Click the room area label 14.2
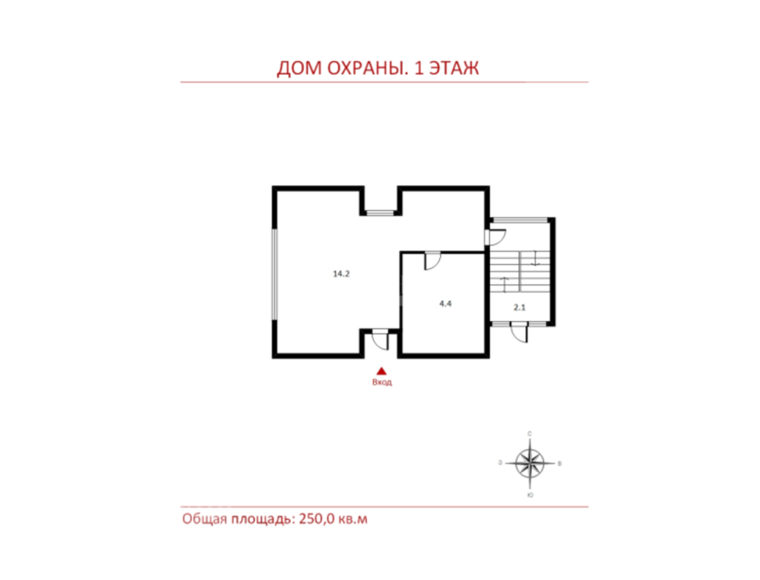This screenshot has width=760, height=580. coord(341,274)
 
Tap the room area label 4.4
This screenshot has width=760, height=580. coord(445,303)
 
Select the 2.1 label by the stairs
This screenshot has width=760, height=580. coord(520,307)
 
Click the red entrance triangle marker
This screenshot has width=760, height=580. coord(382,371)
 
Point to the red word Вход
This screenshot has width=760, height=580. coord(382,382)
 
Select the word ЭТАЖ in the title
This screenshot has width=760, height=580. coord(454,68)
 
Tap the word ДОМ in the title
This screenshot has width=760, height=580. coord(299,68)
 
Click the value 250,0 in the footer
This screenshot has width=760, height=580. coord(316,519)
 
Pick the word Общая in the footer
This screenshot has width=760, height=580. coord(204,519)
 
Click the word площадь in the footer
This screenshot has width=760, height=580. coord(262,519)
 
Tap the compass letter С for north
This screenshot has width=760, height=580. coord(530,433)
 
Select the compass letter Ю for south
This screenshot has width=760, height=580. coord(530,495)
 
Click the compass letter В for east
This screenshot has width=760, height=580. coord(560,464)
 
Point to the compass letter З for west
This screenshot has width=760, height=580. coord(500,463)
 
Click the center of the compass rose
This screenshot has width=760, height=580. coord(530,463)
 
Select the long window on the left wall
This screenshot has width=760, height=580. coord(275,274)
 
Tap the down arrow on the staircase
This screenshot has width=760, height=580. coord(535,258)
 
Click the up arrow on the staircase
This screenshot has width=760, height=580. coord(505,284)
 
